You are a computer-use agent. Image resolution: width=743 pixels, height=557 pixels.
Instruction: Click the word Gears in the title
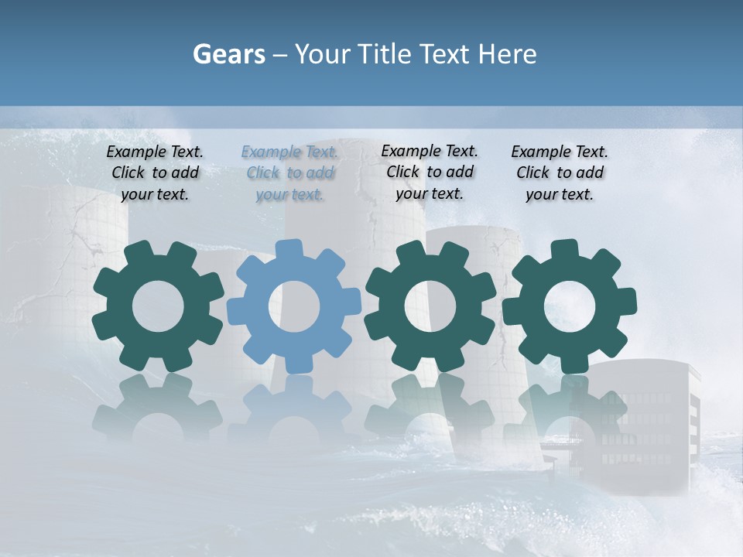[x=228, y=54]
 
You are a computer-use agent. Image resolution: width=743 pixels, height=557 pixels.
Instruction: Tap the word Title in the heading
[x=386, y=54]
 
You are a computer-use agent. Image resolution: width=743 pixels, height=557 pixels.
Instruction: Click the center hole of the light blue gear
[x=294, y=306]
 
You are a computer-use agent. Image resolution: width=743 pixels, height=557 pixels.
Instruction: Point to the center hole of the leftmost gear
[x=159, y=306]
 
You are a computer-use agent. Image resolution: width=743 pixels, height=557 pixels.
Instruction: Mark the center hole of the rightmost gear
[x=569, y=306]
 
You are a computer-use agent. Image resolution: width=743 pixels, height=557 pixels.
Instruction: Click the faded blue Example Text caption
[x=289, y=173]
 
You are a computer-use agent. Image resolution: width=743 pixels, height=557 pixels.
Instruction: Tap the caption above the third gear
[x=430, y=172]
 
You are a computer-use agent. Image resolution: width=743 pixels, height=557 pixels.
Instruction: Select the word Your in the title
[x=322, y=54]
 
